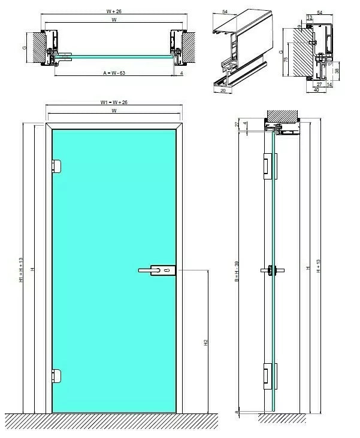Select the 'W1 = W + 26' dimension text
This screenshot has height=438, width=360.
(114, 102)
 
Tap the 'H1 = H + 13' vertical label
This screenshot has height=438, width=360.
(20, 270)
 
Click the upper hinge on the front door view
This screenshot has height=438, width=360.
(57, 165)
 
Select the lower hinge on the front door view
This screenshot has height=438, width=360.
(57, 376)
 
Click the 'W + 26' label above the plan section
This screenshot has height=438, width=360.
(114, 10)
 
